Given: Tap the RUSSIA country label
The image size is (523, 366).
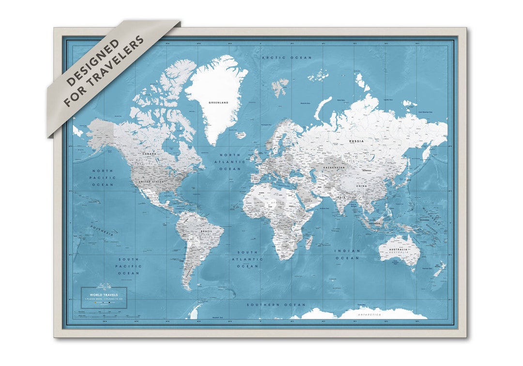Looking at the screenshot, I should click(356, 141).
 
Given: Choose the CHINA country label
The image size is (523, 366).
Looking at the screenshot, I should click(361, 186).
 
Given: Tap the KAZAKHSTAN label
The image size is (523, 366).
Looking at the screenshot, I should click(334, 168).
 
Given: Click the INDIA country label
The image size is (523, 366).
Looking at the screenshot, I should click(341, 198).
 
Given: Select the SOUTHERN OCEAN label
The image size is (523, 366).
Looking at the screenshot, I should click(276, 305).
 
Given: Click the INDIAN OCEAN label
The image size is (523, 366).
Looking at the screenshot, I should click(347, 254).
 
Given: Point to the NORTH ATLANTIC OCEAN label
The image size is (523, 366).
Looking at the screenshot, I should click(230, 162).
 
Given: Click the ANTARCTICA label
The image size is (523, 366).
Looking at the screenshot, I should click(369, 315).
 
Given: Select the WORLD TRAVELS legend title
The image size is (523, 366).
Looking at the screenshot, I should click(104, 294).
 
